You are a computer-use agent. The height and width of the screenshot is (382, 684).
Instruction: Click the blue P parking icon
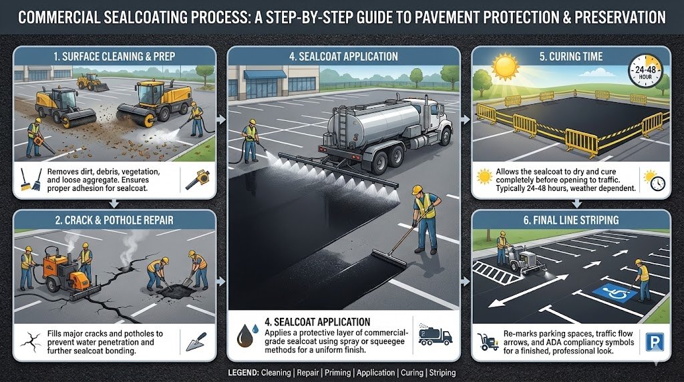tap(652, 343)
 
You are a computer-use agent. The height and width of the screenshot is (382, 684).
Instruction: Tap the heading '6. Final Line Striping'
tap(571, 220)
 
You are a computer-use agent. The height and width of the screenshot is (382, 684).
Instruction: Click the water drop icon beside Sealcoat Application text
tap(243, 335)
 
